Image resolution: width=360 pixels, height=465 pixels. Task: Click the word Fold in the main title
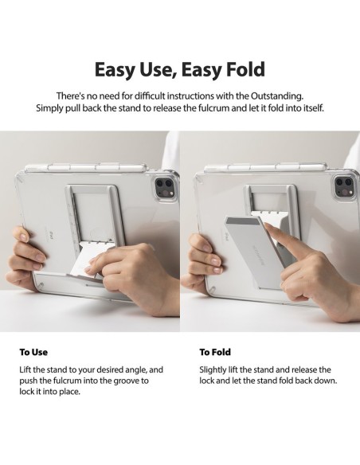tap(245, 69)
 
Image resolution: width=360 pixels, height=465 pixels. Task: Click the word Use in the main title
tap(156, 70)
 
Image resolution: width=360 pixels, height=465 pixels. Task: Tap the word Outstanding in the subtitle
tap(277, 96)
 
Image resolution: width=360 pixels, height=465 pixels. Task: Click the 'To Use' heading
tap(33, 352)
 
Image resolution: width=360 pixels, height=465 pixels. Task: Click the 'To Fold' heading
tap(215, 352)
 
